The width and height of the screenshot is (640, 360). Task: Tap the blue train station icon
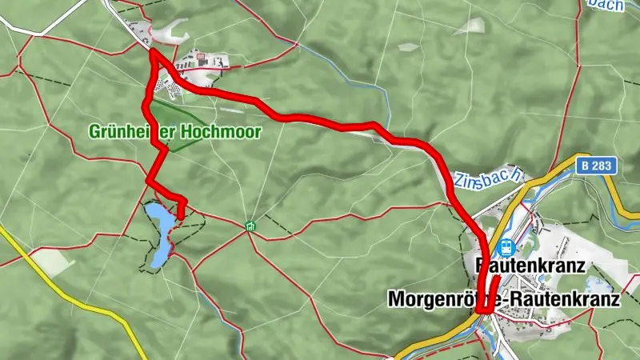pos(505,247)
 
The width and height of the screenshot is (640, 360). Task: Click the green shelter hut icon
pos(250,226)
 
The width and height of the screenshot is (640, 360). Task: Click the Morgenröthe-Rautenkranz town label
pos(504,299)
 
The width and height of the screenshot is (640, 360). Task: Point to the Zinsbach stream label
pos(489,178)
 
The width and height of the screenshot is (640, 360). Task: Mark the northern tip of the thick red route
pos(151,53)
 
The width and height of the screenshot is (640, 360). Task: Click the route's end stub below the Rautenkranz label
pos(496,279)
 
